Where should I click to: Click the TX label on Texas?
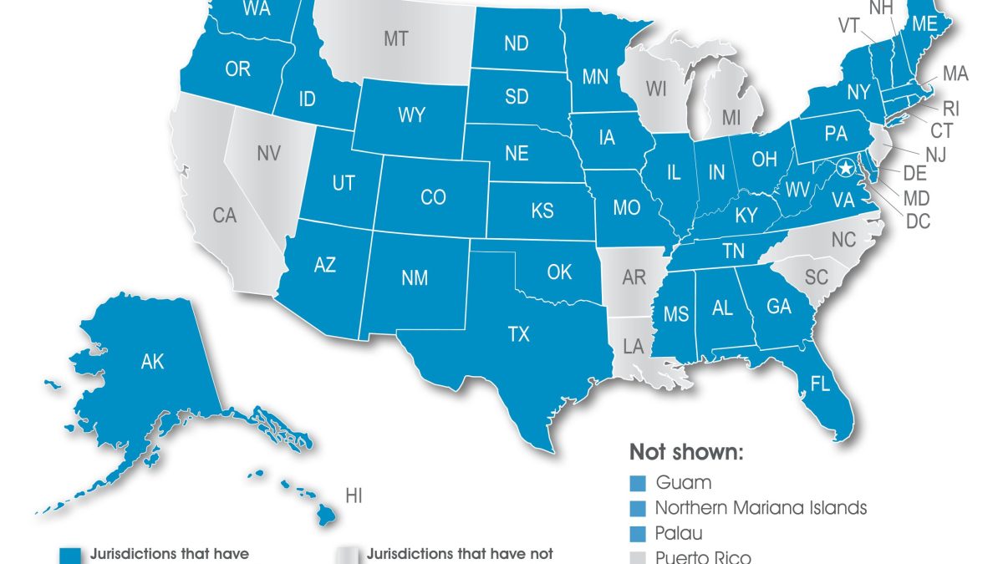tap(518, 335)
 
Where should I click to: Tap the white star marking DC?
tap(846, 168)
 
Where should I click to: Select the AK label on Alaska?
tap(153, 362)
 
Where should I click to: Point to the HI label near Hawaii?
tap(354, 496)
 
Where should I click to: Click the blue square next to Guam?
tap(637, 483)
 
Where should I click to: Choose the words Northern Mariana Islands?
tap(761, 507)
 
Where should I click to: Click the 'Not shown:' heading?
tap(685, 453)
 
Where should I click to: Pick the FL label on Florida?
tap(820, 384)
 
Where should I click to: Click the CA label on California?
tap(224, 216)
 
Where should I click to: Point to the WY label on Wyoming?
tap(411, 116)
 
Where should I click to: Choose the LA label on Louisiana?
tap(633, 345)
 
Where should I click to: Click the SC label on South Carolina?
tap(816, 276)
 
